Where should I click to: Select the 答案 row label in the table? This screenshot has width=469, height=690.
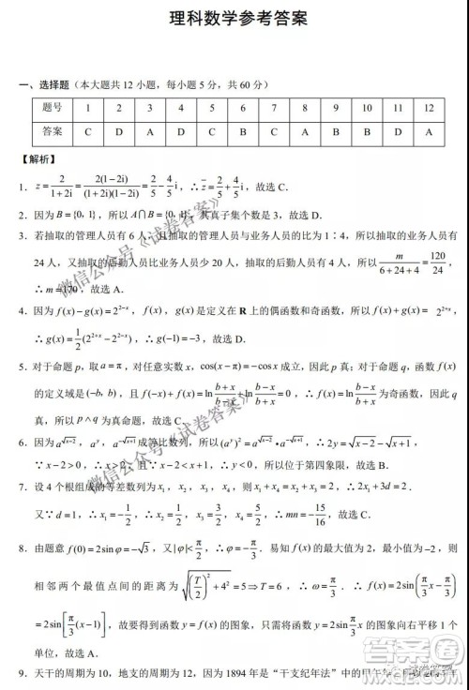pyautogui.click(x=53, y=131)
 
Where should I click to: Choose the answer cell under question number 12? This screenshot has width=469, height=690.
pyautogui.click(x=429, y=131)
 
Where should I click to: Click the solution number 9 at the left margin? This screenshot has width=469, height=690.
pyautogui.click(x=22, y=673)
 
